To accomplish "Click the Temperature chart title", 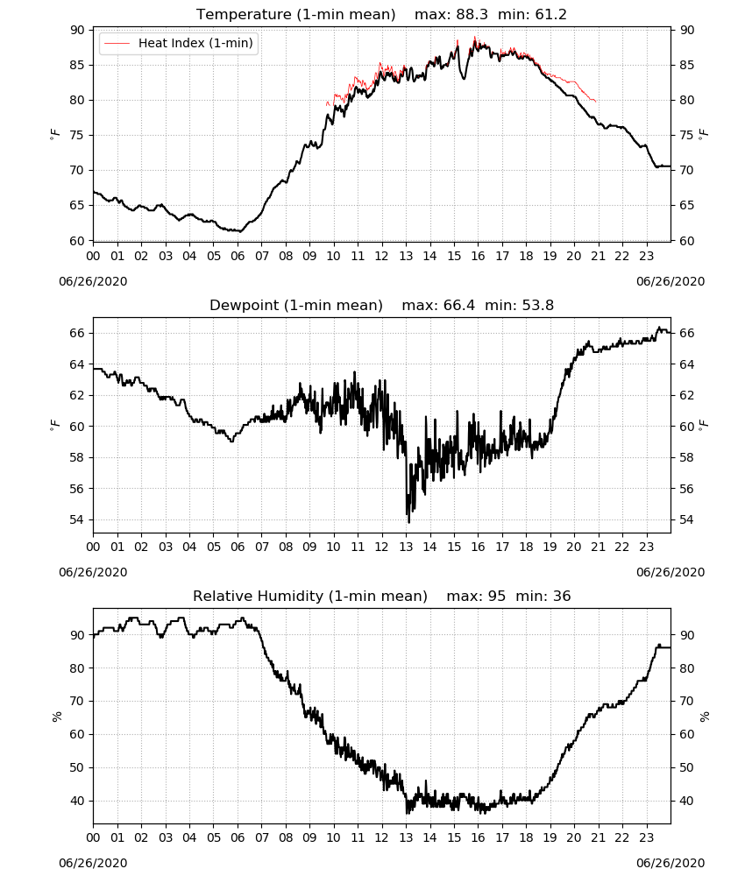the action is click(x=295, y=14).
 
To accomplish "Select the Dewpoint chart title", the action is click(x=296, y=305).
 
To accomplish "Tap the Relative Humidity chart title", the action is click(x=310, y=596).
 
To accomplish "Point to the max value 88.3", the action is click(x=472, y=14).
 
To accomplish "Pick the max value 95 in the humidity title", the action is click(x=497, y=596).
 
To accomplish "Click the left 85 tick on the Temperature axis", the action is click(x=78, y=66).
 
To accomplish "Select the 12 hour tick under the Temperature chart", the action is click(x=382, y=256).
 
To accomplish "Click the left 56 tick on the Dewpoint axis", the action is click(x=78, y=489).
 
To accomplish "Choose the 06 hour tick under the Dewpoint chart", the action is click(x=238, y=547).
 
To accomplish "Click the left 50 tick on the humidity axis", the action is click(x=78, y=767).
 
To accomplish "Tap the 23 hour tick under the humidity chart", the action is click(x=647, y=837).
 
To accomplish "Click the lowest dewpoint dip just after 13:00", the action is click(x=409, y=522).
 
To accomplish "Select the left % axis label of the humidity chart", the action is click(x=56, y=717).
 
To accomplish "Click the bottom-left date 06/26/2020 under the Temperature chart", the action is click(x=93, y=281).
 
